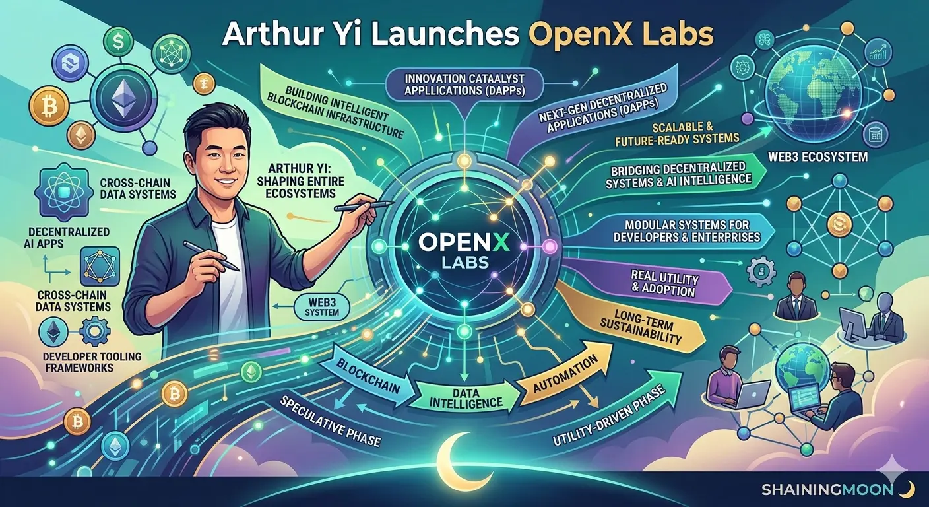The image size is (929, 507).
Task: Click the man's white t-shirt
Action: coord(232,277)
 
